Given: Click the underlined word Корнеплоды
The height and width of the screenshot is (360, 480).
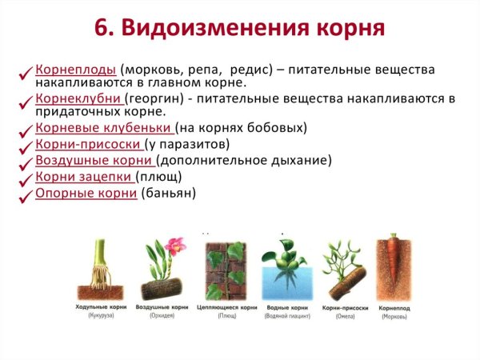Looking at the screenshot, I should pyautogui.click(x=75, y=70).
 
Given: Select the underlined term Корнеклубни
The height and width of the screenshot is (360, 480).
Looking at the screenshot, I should pyautogui.click(x=78, y=98).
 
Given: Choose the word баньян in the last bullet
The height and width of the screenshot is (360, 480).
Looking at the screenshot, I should pyautogui.click(x=168, y=193).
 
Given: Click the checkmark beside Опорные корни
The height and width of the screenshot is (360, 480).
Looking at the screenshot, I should pyautogui.click(x=26, y=196).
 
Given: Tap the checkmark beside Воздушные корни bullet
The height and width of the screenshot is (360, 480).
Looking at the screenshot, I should pyautogui.click(x=26, y=163).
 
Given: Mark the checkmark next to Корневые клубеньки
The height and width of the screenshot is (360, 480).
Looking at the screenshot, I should pyautogui.click(x=26, y=130).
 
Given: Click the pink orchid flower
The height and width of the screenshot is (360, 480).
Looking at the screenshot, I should pyautogui.click(x=176, y=245).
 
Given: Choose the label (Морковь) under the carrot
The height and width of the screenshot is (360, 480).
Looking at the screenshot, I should pyautogui.click(x=393, y=316).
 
